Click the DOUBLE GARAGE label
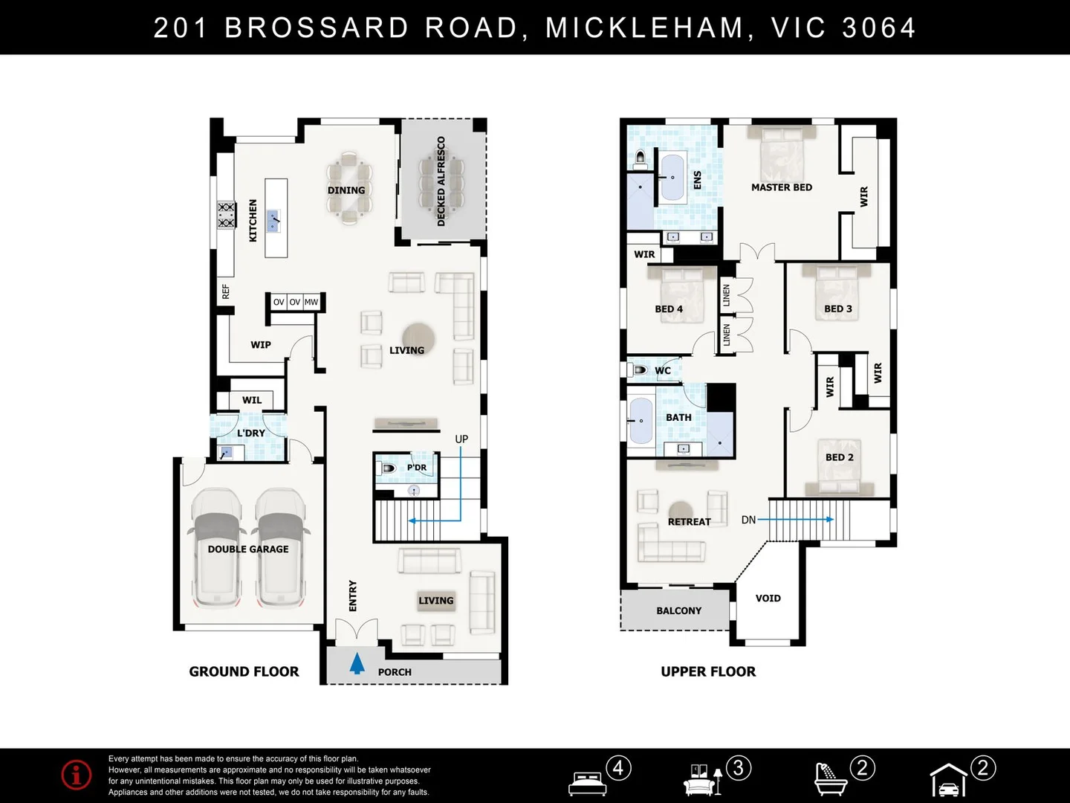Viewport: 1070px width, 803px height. point(248,549)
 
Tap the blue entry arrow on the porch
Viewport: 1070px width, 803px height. point(357,662)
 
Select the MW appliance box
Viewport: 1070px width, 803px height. point(311,302)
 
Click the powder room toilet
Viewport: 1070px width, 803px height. point(386,468)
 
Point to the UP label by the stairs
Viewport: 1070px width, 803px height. point(461,439)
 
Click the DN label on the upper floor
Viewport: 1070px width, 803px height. point(748,520)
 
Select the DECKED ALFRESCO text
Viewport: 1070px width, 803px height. point(441,181)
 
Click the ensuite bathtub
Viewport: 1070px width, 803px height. point(673,178)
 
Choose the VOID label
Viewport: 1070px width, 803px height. point(768,598)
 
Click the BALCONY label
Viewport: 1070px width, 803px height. point(678,610)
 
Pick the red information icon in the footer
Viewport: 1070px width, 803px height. point(77,775)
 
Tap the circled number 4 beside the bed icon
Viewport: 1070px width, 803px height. point(618,767)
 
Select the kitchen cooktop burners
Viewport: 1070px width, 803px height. point(226,215)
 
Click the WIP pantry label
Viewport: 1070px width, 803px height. point(261,344)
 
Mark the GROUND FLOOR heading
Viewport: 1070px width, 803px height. point(244,671)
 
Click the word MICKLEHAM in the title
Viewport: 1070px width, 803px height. point(645,28)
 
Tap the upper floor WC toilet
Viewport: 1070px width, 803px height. point(639,370)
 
